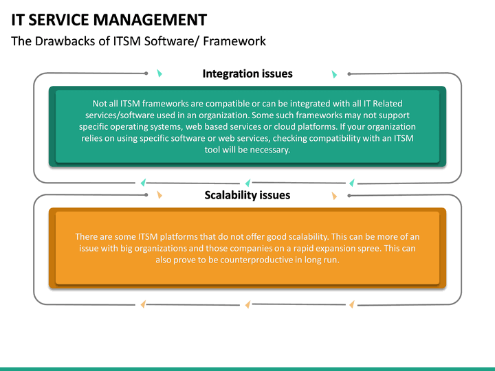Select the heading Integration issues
[247, 74]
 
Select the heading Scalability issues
[247, 195]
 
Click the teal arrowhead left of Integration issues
[159, 74]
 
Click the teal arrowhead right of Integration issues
[335, 74]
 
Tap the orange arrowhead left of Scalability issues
[159, 195]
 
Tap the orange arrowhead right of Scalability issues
[335, 196]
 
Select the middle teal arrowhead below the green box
[247, 183]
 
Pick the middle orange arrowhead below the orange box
[247, 304]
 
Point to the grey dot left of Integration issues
[146, 73]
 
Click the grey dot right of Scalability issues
[349, 195]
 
